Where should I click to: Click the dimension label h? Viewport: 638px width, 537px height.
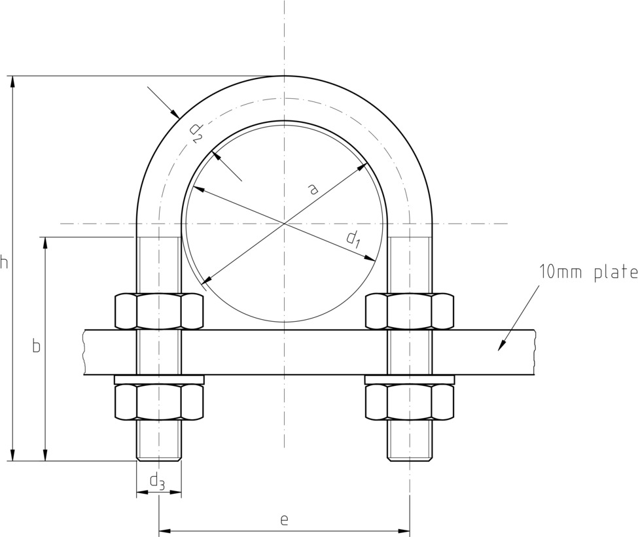pyautogui.click(x=5, y=263)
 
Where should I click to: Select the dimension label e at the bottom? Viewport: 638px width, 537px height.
pyautogui.click(x=284, y=520)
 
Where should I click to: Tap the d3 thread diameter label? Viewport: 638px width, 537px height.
pyautogui.click(x=158, y=482)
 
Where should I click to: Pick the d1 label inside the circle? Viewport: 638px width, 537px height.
pyautogui.click(x=353, y=240)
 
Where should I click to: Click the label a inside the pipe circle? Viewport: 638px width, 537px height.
pyautogui.click(x=313, y=190)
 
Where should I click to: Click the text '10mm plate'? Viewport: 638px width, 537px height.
pyautogui.click(x=588, y=272)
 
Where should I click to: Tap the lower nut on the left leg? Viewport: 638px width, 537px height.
pyautogui.click(x=159, y=402)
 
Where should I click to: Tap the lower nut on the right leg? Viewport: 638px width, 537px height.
pyautogui.click(x=410, y=402)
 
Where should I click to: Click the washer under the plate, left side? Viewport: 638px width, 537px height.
pyautogui.click(x=159, y=380)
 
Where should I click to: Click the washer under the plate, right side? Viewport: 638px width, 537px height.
pyautogui.click(x=410, y=380)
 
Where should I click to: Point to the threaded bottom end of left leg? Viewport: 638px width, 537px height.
pyautogui.click(x=159, y=442)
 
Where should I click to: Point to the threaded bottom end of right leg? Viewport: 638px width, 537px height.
pyautogui.click(x=410, y=442)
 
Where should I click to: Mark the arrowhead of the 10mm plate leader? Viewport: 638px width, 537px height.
pyautogui.click(x=502, y=346)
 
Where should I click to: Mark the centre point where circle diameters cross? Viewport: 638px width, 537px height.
pyautogui.click(x=285, y=224)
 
